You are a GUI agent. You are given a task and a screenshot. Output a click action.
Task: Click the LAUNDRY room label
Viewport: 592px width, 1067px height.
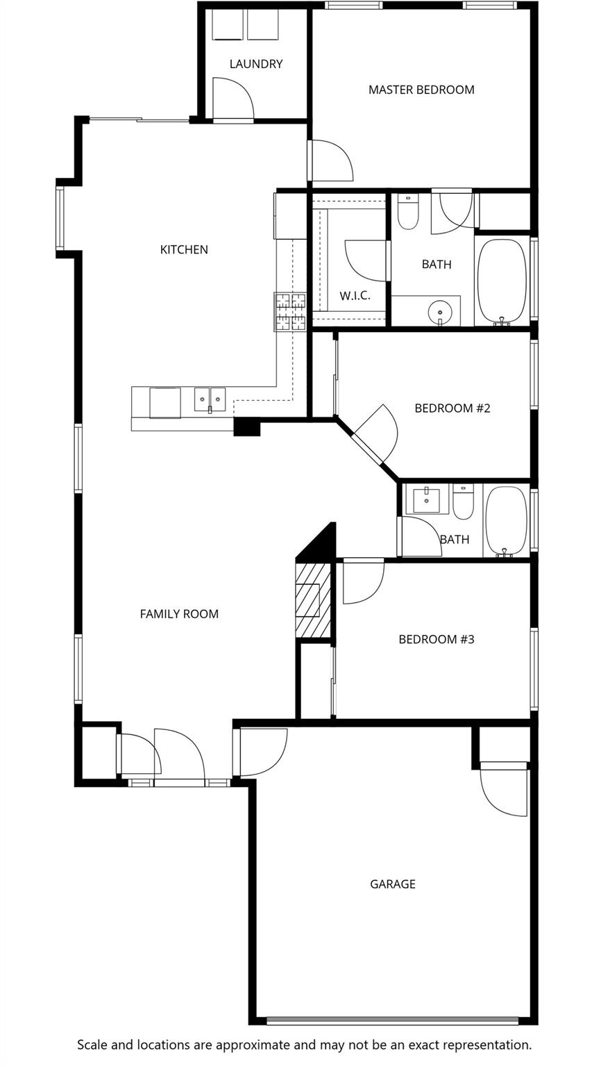(256, 64)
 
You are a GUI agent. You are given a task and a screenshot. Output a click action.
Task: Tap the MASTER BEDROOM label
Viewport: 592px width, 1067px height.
(421, 90)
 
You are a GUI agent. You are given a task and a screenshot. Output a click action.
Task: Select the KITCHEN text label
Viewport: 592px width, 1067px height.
(184, 249)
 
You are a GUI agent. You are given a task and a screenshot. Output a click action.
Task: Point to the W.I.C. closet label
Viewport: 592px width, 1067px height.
(355, 296)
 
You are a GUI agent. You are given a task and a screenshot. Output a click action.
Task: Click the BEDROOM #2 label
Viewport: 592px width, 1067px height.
(452, 408)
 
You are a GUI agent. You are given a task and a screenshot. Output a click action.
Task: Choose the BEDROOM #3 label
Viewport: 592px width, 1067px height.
(437, 639)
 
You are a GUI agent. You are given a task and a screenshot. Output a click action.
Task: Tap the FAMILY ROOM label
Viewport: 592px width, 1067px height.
(179, 614)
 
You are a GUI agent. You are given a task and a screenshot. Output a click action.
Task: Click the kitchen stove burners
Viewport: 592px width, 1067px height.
(290, 312)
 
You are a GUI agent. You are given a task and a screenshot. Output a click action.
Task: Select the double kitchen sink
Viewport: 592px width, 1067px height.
(210, 399)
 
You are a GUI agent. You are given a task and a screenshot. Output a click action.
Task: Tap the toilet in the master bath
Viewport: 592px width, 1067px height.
(408, 211)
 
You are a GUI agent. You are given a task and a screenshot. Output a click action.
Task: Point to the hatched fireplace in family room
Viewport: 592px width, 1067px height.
(313, 600)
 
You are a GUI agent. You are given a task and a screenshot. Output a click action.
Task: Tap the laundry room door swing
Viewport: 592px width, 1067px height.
(232, 98)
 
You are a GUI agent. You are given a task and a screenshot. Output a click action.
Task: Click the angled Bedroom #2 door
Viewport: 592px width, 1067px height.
(376, 433)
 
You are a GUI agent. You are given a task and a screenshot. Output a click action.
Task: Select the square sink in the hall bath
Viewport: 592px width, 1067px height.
(426, 499)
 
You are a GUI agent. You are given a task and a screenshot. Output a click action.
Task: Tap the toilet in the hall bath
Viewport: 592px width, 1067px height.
(462, 502)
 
